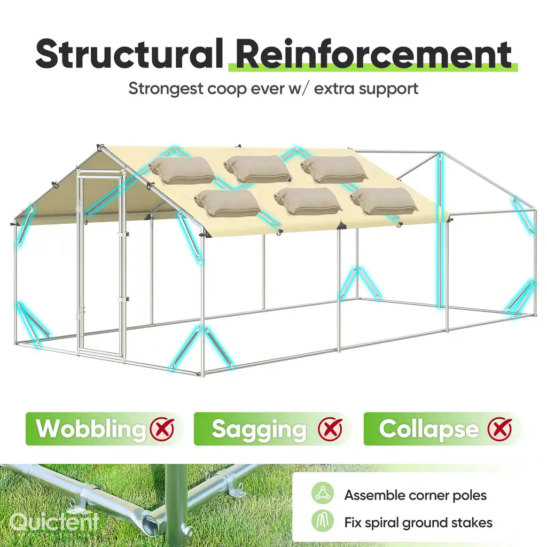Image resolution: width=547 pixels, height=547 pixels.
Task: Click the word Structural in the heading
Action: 129,54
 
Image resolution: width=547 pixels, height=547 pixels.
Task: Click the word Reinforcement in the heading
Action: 374,54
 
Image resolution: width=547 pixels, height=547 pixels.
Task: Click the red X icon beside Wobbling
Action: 162,429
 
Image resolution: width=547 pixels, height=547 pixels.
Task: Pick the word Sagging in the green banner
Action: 259,429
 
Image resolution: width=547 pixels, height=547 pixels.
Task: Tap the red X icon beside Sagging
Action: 330,429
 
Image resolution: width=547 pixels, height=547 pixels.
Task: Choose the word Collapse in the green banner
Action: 429,429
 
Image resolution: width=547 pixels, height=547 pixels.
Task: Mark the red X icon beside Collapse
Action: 500,429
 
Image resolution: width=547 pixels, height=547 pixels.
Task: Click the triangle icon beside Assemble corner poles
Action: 323,493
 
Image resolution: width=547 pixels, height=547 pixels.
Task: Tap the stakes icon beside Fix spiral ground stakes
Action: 323,521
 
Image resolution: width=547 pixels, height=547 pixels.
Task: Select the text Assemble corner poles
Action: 415,495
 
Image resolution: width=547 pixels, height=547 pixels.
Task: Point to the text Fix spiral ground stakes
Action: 418,522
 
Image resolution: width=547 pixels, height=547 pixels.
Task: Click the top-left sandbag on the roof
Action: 182,170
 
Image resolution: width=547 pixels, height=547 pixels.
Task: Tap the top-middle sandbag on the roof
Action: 257,169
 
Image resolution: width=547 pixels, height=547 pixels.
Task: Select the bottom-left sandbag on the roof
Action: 228,202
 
